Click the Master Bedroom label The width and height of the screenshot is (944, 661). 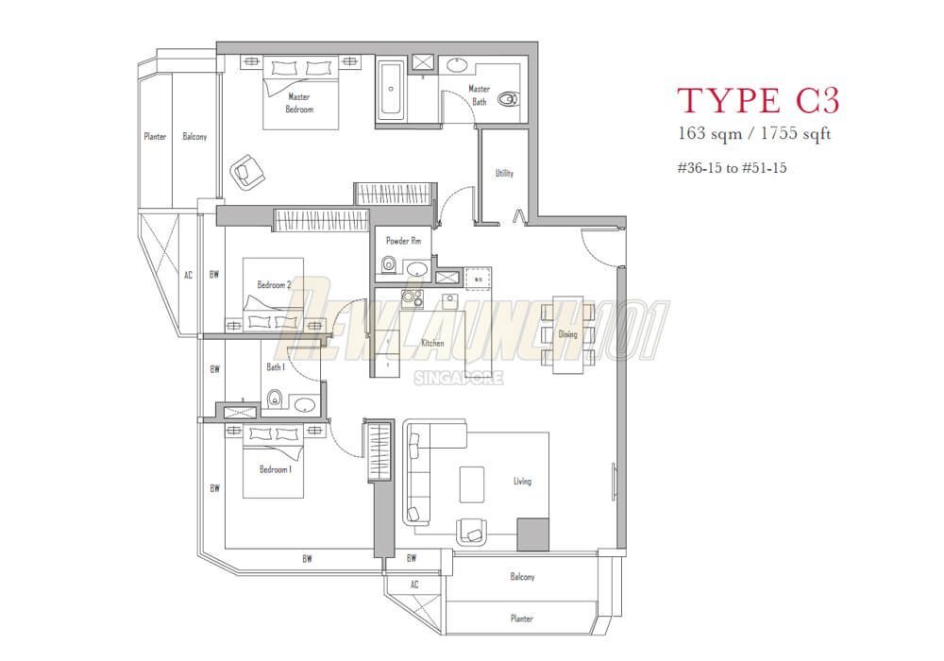[299, 103]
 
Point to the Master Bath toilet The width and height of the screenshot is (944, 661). [508, 96]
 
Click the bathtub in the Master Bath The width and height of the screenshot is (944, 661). [391, 91]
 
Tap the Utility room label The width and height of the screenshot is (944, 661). [504, 173]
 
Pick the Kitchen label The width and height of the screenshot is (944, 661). [432, 343]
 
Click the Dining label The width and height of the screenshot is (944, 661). [567, 334]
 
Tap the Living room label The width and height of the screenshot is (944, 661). [522, 481]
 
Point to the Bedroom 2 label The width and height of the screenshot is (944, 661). [274, 284]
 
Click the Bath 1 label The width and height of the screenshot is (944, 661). [276, 366]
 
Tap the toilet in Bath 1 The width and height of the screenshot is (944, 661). [274, 399]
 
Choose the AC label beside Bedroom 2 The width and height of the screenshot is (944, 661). [188, 275]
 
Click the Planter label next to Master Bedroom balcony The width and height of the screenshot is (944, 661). [155, 137]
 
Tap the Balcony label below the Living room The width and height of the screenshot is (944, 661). [522, 577]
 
